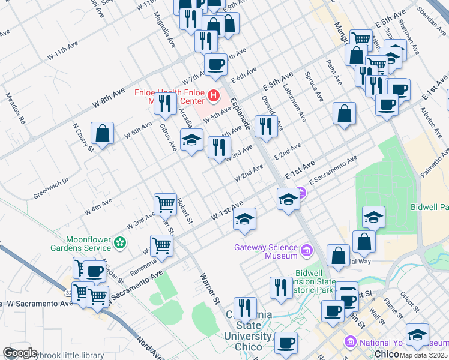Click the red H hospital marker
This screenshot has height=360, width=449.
click(x=212, y=95)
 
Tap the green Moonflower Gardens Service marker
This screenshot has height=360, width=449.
click(x=120, y=243)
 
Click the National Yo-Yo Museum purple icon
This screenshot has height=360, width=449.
click(x=350, y=341)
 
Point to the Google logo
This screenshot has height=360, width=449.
click(x=20, y=353)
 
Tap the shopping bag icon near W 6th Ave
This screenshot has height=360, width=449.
click(x=103, y=133)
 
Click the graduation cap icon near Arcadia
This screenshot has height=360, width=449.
click(x=191, y=140)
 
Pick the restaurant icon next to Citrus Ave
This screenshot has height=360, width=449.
click(x=165, y=103)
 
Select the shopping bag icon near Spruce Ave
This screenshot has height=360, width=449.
click(x=345, y=113)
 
